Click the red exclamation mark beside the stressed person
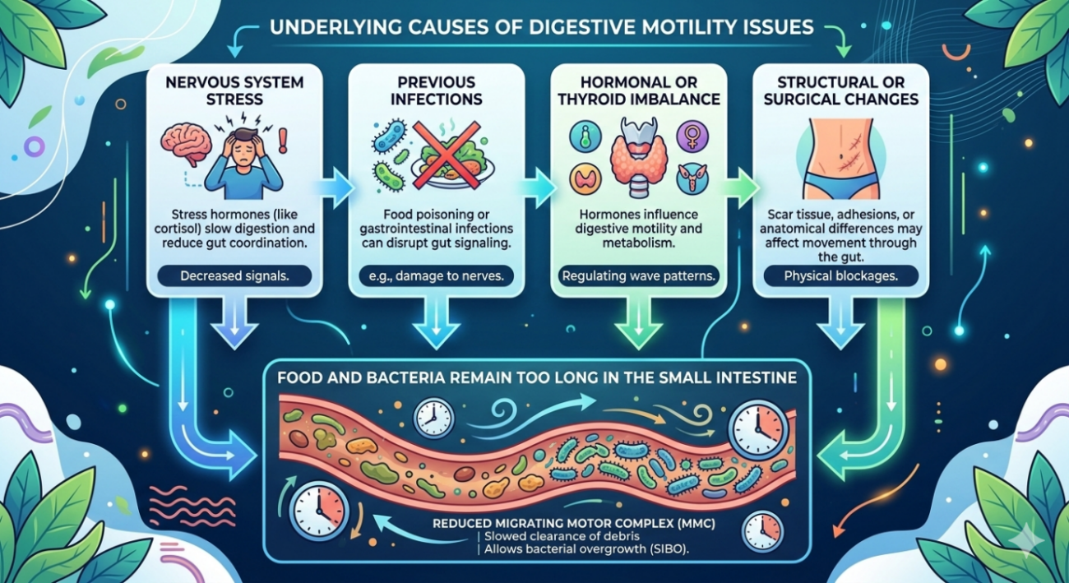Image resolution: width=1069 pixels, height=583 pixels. pos(284,136)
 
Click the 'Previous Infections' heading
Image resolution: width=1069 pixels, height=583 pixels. pos(437,91)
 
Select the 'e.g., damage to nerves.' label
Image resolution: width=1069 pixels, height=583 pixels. pos(437,275)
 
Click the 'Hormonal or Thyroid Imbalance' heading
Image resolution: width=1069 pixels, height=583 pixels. pos(638,91)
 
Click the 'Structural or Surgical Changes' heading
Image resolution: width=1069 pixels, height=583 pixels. pos(841,91)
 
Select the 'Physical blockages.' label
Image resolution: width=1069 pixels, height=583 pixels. pos(841,275)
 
